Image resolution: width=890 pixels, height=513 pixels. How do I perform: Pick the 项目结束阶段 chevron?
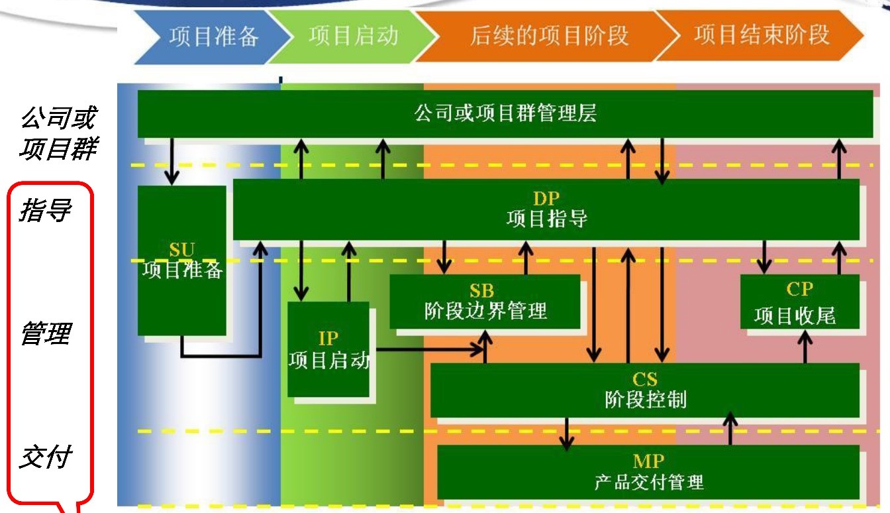click(762, 34)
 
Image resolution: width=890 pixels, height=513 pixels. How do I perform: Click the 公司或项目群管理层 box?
click(505, 113)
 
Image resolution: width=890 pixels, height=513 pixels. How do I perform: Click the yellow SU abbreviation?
click(181, 250)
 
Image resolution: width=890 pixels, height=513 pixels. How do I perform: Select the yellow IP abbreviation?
click(328, 338)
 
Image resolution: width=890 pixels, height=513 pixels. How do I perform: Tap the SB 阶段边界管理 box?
click(485, 302)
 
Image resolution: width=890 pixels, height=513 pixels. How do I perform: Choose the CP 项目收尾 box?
click(799, 302)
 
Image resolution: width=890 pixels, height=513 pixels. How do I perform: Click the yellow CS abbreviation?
click(645, 379)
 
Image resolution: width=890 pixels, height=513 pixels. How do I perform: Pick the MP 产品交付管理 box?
click(648, 472)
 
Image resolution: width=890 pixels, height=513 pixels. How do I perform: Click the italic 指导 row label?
click(45, 211)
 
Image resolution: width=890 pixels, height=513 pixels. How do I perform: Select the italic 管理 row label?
click(45, 333)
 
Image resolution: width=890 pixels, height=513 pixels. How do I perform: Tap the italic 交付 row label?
click(45, 457)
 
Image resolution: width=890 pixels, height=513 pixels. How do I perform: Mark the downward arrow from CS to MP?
click(566, 433)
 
